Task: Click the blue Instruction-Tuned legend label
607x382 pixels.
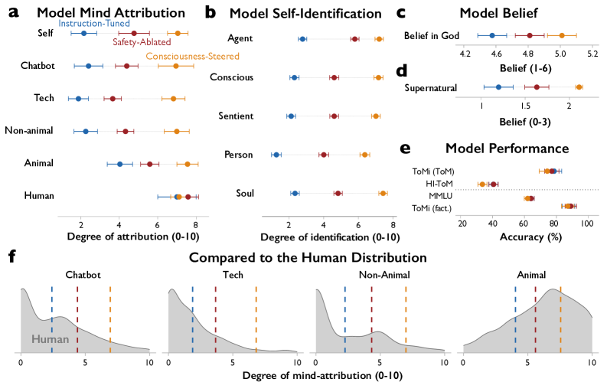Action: click(94, 23)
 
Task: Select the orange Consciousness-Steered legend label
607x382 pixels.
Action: click(192, 56)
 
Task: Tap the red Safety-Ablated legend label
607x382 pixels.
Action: click(142, 42)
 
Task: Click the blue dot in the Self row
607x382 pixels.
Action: click(83, 33)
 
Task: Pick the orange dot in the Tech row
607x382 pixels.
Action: click(174, 99)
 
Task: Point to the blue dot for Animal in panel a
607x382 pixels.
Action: click(119, 164)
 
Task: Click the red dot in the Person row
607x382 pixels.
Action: click(324, 155)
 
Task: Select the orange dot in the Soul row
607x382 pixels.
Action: click(383, 194)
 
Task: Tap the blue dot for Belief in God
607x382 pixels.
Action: click(492, 36)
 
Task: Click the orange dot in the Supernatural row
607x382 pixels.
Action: click(579, 87)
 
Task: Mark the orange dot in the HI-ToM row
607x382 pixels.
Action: click(482, 184)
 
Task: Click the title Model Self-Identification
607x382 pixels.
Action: click(305, 14)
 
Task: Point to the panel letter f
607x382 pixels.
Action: click(12, 256)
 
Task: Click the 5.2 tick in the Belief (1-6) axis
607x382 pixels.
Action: click(592, 54)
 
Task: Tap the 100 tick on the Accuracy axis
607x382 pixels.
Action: click(587, 224)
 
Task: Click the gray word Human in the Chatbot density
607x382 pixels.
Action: click(51, 339)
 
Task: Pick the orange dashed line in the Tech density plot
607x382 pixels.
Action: click(256, 319)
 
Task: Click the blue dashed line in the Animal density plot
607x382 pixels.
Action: click(516, 319)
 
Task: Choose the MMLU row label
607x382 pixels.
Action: click(441, 196)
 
